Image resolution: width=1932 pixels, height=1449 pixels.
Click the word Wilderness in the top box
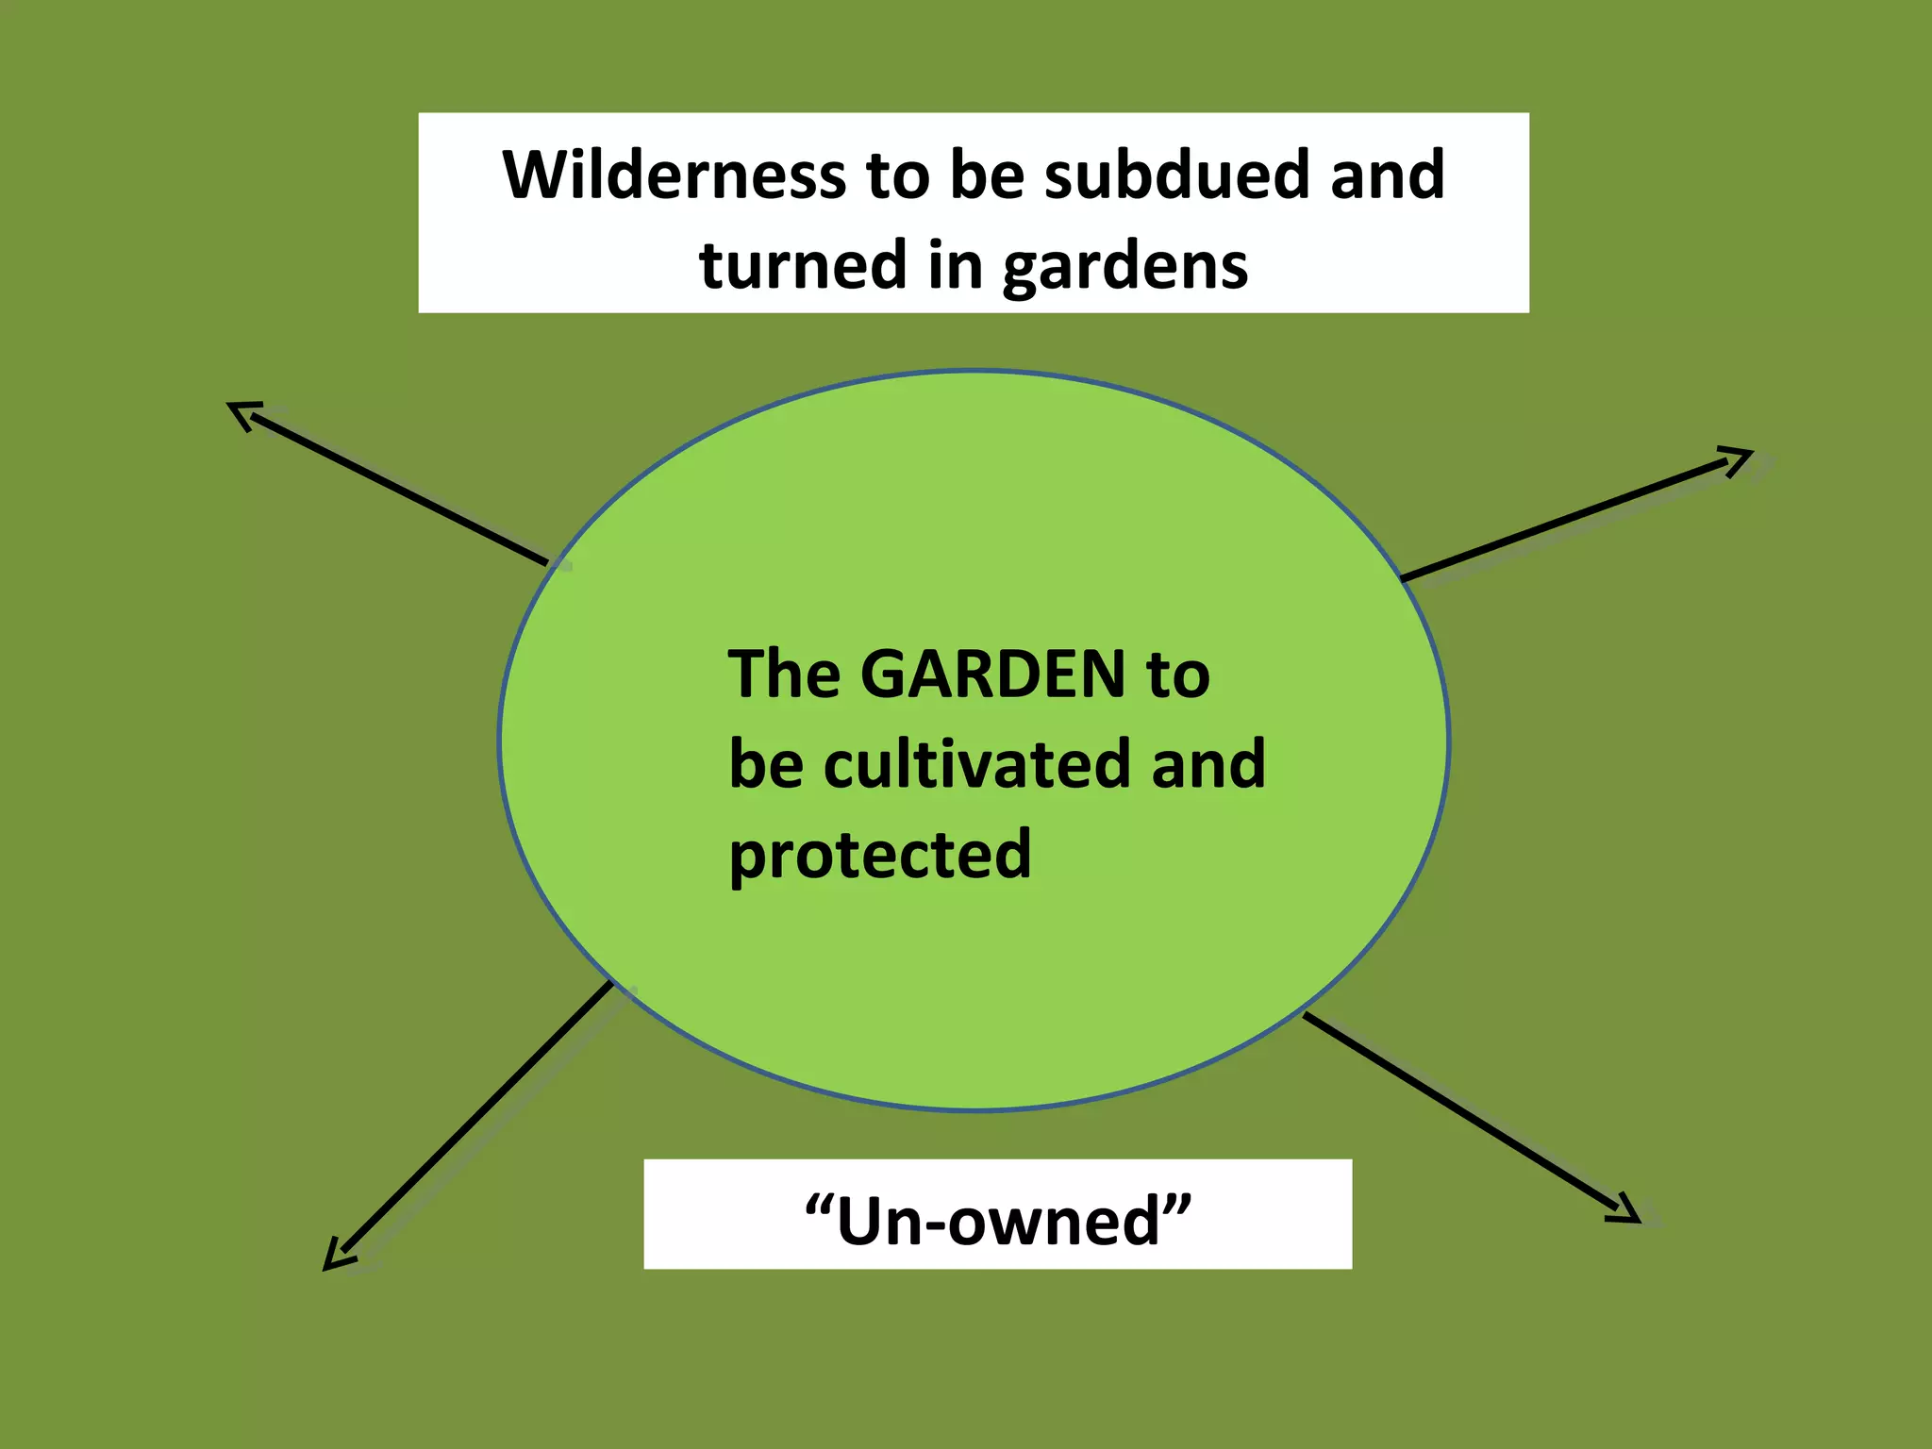coord(674,175)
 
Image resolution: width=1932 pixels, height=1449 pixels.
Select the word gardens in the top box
coord(1124,267)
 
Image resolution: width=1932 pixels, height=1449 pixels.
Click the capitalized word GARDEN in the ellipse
coord(993,675)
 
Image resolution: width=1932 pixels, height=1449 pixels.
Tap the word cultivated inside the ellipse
coord(977,764)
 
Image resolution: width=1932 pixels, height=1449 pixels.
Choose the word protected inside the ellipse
coord(880,855)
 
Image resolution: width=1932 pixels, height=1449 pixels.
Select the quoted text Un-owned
coord(998,1220)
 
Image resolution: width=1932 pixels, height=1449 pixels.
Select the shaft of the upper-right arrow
coord(1566,517)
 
